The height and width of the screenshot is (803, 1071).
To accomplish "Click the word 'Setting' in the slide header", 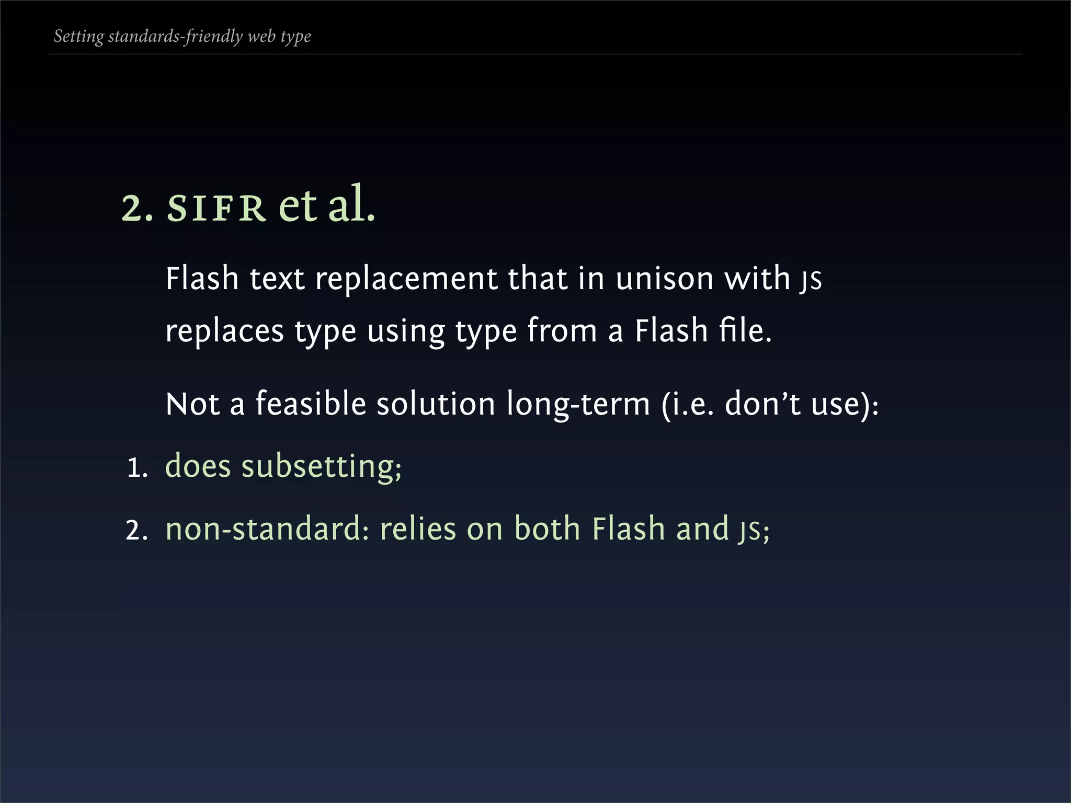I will tap(78, 37).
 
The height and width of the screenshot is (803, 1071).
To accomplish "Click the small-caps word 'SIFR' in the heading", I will tap(215, 208).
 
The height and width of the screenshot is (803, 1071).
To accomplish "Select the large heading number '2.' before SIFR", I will tap(137, 208).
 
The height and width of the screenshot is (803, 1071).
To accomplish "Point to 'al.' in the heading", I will tap(351, 205).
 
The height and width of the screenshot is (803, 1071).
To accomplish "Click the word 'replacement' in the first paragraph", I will tap(406, 279).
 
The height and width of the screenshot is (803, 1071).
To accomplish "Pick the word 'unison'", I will tap(664, 279).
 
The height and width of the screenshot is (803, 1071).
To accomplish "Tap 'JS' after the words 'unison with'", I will tap(811, 280).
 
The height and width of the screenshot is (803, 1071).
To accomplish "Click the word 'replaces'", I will tap(224, 331).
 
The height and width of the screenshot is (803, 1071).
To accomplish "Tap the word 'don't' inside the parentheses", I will tap(762, 404).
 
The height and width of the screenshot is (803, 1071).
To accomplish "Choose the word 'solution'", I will tap(436, 404).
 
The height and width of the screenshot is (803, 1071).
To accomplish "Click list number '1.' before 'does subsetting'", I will tap(138, 467).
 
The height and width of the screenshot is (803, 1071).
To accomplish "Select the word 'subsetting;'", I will tap(321, 466).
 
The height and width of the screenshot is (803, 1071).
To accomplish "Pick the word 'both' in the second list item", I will tap(547, 529).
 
